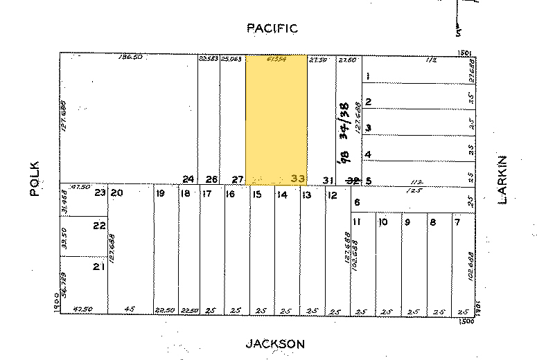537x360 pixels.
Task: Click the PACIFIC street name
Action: (x=272, y=28)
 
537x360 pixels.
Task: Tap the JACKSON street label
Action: (x=275, y=344)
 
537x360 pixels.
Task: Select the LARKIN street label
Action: (x=504, y=179)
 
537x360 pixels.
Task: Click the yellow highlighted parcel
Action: (x=277, y=118)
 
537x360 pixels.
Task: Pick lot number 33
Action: (x=298, y=179)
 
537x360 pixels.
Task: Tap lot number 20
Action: (x=116, y=193)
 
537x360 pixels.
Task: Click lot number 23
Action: (x=100, y=193)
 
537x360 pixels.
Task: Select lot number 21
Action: (x=100, y=267)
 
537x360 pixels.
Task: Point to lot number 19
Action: (x=160, y=194)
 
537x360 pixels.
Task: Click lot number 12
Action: (x=332, y=195)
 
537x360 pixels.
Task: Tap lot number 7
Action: (x=457, y=222)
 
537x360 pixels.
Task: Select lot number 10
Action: (x=382, y=222)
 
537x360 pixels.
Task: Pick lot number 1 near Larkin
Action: (x=368, y=75)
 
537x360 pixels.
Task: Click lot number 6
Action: (x=357, y=202)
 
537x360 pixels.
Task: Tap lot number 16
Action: (x=231, y=195)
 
